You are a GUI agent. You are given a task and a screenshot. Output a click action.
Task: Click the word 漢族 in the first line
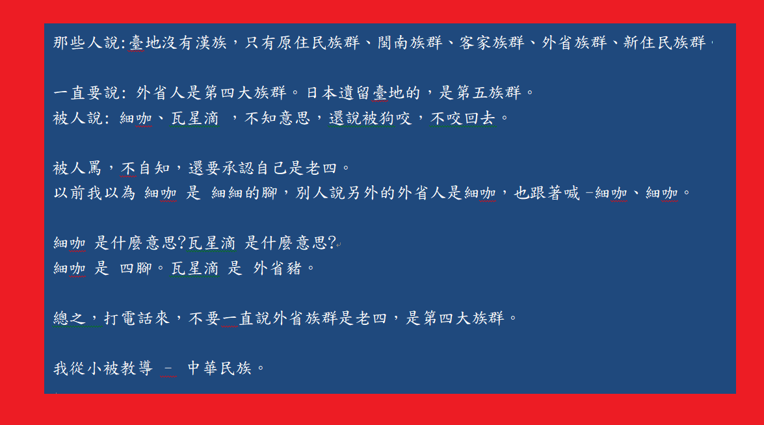pyautogui.click(x=211, y=43)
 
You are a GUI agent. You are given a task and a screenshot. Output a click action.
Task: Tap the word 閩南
pyautogui.click(x=393, y=43)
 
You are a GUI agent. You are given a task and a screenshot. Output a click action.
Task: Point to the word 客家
pyautogui.click(x=475, y=43)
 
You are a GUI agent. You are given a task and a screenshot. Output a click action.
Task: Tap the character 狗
pyautogui.click(x=386, y=118)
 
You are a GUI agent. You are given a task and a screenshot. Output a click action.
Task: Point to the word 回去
pyautogui.click(x=479, y=118)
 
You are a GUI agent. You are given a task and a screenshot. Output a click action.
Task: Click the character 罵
pyautogui.click(x=94, y=168)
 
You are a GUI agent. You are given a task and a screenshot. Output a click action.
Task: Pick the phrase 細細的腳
pyautogui.click(x=244, y=193)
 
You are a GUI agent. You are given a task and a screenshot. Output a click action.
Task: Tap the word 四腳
pyautogui.click(x=136, y=268)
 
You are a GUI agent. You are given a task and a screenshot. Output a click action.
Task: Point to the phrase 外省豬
pyautogui.click(x=278, y=268)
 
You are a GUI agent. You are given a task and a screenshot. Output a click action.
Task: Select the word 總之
pyautogui.click(x=69, y=318)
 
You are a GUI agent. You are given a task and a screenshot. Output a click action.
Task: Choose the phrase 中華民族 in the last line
pyautogui.click(x=220, y=368)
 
